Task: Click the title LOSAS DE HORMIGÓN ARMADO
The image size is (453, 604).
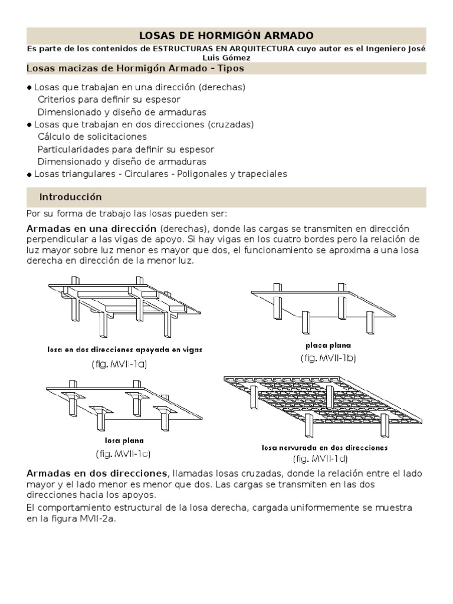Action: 226,36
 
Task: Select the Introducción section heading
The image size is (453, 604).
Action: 70,196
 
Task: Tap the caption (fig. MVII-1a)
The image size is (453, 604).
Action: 119,364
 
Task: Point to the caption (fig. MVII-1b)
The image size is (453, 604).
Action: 328,357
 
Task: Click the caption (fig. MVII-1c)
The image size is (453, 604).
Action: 124,454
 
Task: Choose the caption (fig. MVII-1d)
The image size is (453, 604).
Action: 320,458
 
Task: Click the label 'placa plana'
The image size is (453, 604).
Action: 327,346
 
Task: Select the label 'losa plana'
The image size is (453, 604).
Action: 124,440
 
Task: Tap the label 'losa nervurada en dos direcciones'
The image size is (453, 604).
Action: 324,448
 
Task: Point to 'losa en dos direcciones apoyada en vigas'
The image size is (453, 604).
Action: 124,349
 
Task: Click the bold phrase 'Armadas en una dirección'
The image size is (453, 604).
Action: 91,228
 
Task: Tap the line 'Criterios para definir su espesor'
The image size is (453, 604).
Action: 109,99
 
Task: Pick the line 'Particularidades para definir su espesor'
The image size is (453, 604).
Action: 126,149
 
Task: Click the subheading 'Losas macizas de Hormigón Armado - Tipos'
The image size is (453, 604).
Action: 135,68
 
